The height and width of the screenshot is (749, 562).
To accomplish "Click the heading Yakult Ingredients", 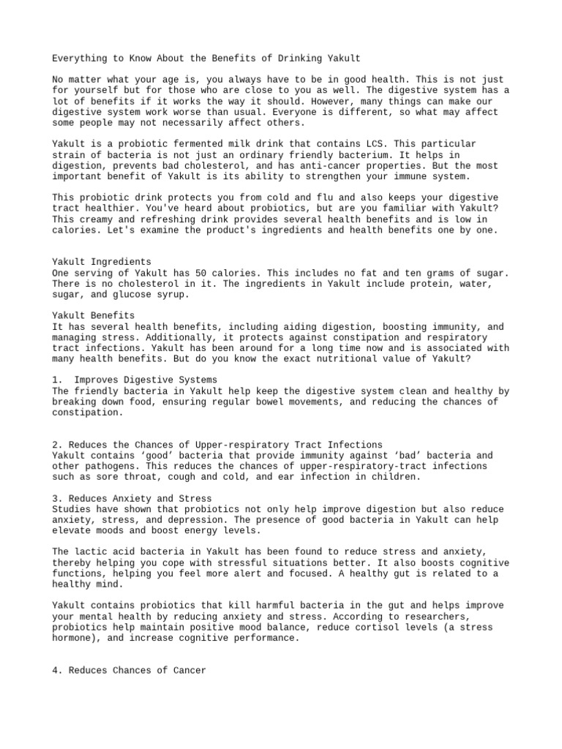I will pyautogui.click(x=102, y=261).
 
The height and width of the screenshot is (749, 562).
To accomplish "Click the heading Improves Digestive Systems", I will pyautogui.click(x=146, y=380).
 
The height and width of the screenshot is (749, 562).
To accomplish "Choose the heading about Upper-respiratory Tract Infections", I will pyautogui.click(x=217, y=445).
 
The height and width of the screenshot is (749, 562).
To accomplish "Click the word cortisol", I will pyautogui.click(x=372, y=628).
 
